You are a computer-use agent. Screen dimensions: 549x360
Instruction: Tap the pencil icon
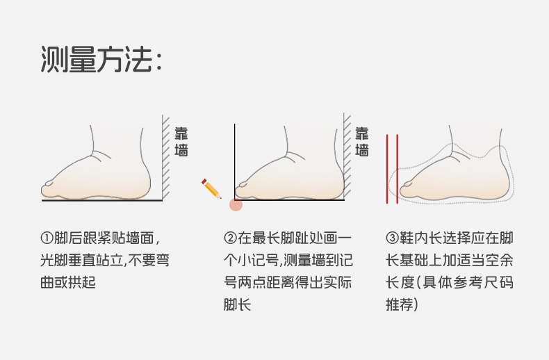click(x=211, y=188)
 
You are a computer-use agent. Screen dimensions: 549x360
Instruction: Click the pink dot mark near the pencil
click(x=236, y=204)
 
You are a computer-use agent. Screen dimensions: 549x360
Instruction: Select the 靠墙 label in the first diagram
click(x=181, y=142)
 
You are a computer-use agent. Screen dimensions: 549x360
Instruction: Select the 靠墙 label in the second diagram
click(x=362, y=142)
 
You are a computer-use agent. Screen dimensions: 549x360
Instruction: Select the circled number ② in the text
click(x=230, y=238)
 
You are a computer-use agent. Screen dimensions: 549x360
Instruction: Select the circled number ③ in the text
click(x=392, y=238)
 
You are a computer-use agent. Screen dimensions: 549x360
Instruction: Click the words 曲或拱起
click(x=68, y=283)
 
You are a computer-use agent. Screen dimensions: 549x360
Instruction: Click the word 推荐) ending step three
click(x=402, y=305)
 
